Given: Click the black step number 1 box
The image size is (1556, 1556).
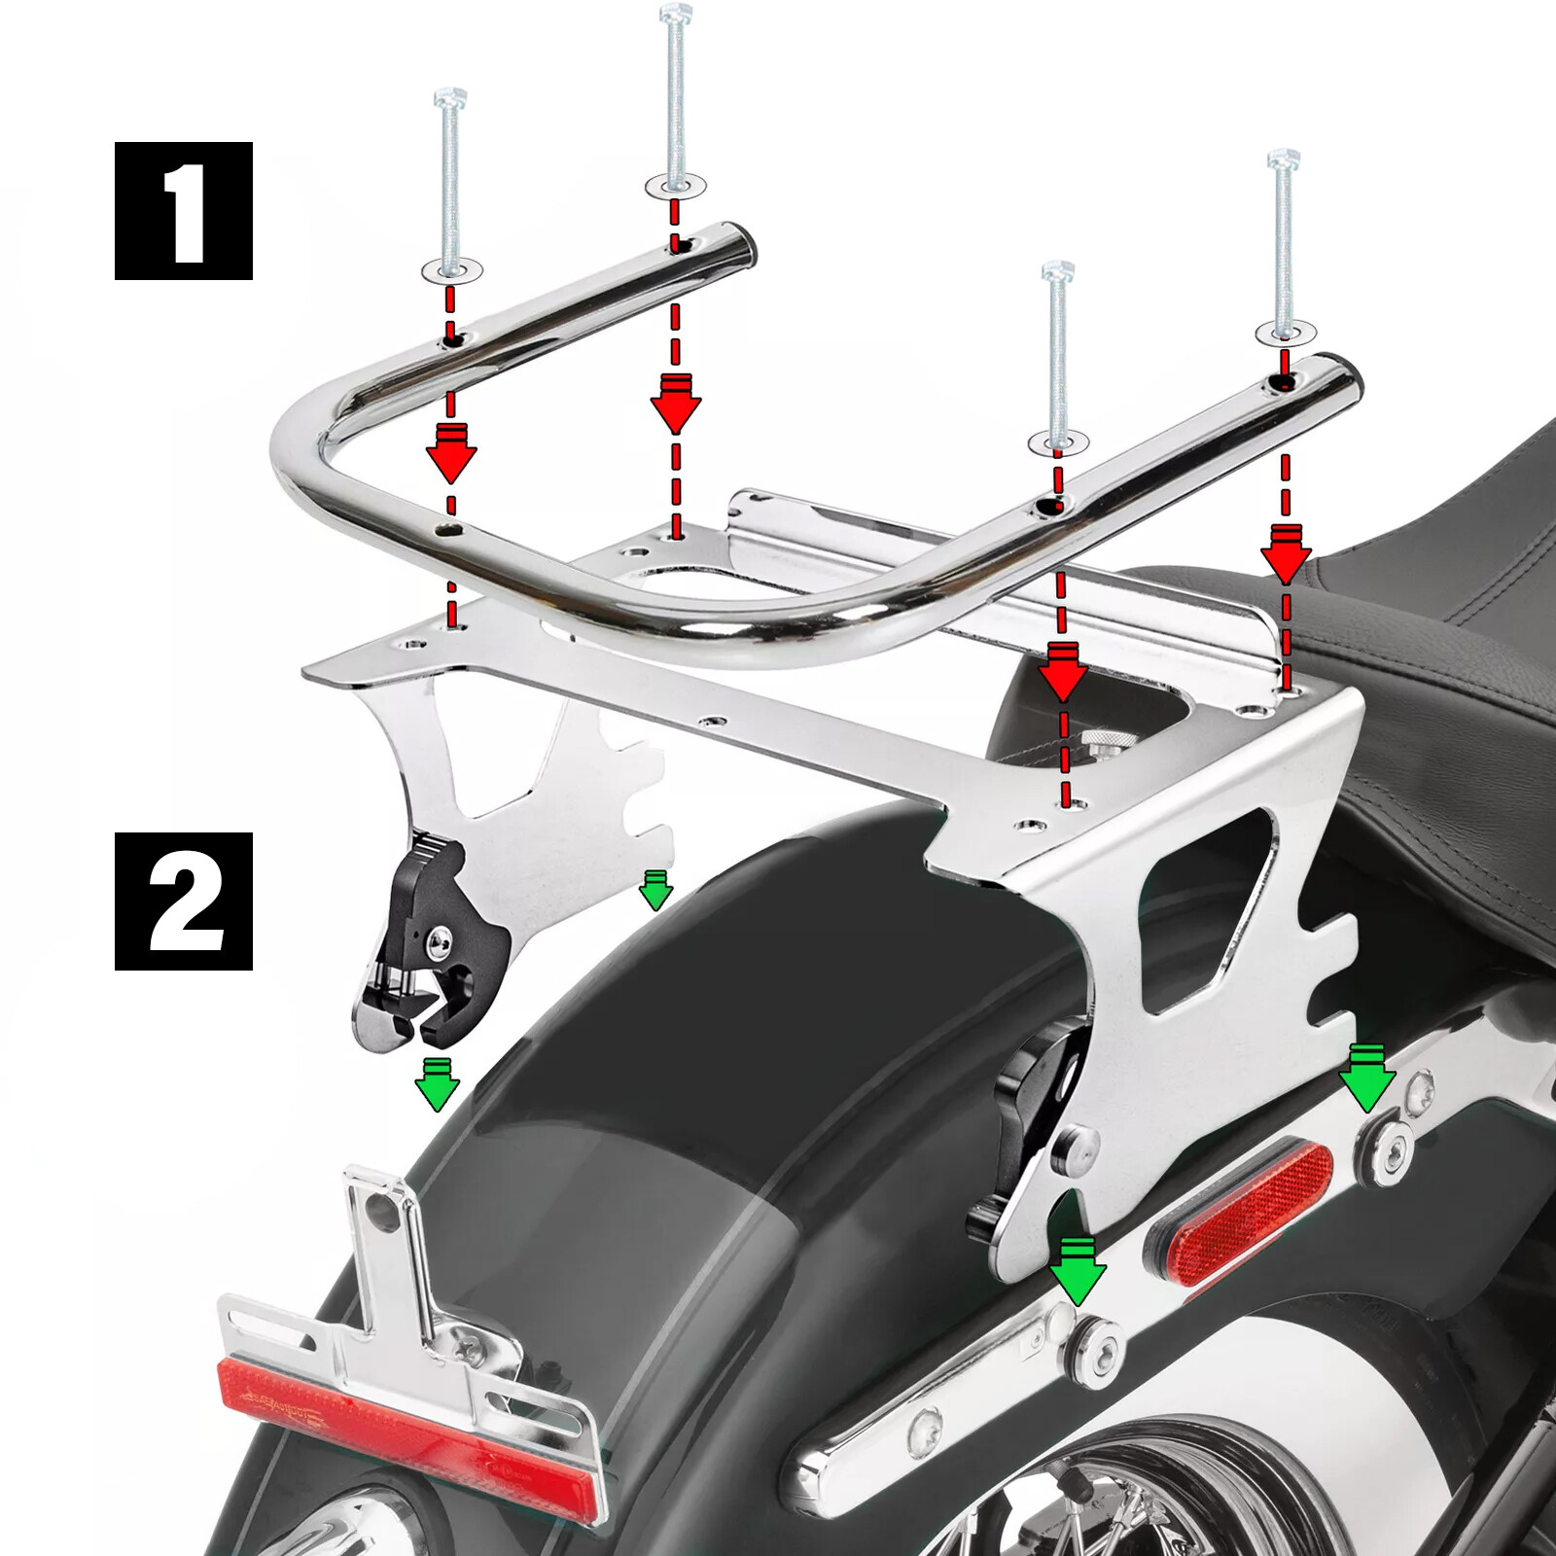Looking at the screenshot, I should pyautogui.click(x=184, y=211).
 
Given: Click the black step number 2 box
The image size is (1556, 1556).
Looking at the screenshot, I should pyautogui.click(x=184, y=902).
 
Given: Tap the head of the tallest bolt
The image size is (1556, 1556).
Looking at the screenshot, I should pyautogui.click(x=675, y=14).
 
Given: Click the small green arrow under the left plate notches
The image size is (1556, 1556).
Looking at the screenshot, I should pyautogui.click(x=655, y=890).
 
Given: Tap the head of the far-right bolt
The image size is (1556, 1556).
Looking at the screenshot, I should pyautogui.click(x=1284, y=159).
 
